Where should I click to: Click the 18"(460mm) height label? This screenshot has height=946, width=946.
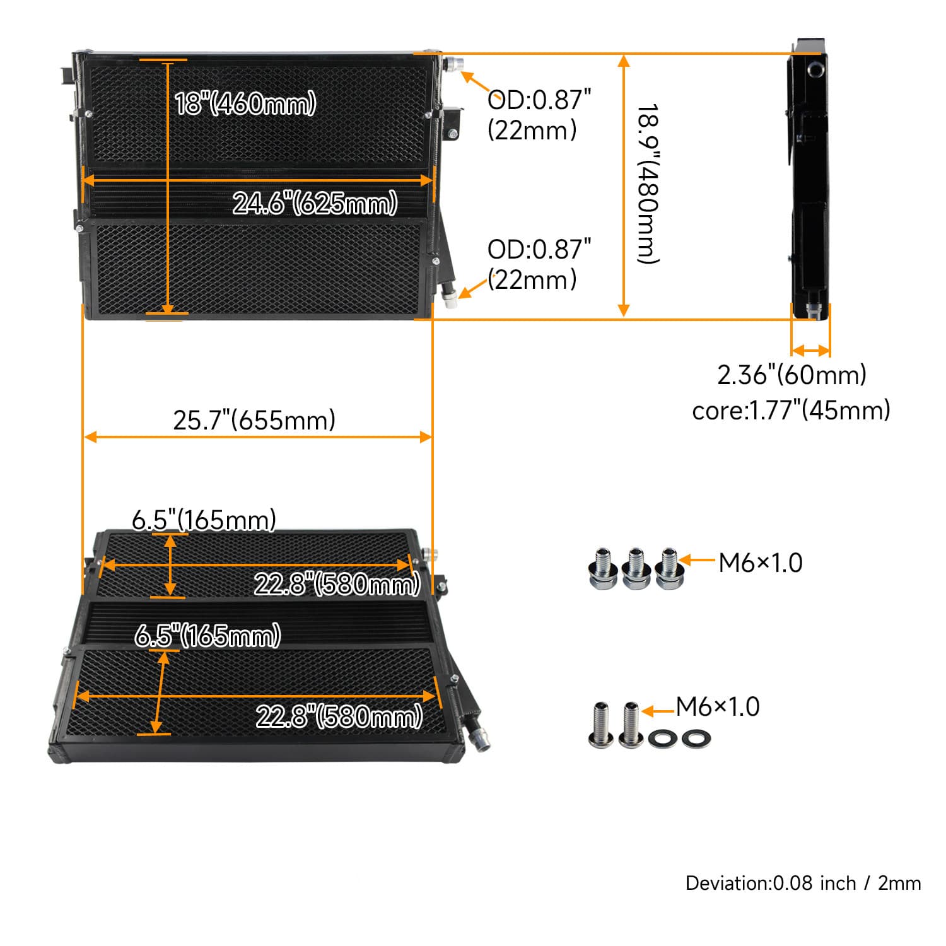245,103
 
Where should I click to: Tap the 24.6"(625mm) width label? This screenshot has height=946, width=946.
315,203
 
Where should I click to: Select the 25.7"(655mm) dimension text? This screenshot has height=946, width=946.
254,420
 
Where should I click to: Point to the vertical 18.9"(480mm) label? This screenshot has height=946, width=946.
648,184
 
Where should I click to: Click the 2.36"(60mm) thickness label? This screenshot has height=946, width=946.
791,375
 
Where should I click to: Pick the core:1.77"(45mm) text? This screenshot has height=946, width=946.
791,410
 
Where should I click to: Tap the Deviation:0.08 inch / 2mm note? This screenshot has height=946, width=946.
803,883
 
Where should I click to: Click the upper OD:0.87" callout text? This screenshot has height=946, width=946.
539,100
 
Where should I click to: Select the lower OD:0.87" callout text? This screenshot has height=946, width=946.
539,250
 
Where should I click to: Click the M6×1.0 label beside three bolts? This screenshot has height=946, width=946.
761,563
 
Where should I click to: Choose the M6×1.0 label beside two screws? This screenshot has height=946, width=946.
718,707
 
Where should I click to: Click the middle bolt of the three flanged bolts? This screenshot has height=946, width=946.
635,569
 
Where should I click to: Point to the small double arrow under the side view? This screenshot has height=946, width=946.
811,351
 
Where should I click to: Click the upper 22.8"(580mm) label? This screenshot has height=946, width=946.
337,585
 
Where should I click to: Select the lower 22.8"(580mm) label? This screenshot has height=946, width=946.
339,716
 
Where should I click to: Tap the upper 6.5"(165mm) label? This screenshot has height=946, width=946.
204,520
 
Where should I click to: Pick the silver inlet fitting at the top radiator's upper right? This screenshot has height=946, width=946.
453,64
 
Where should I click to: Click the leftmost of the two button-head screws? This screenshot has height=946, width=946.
602,725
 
